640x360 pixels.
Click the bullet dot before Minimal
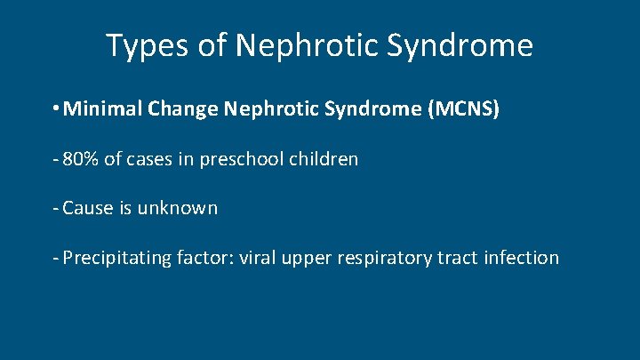tap(57, 110)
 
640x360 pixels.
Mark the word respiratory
tap(384, 259)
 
